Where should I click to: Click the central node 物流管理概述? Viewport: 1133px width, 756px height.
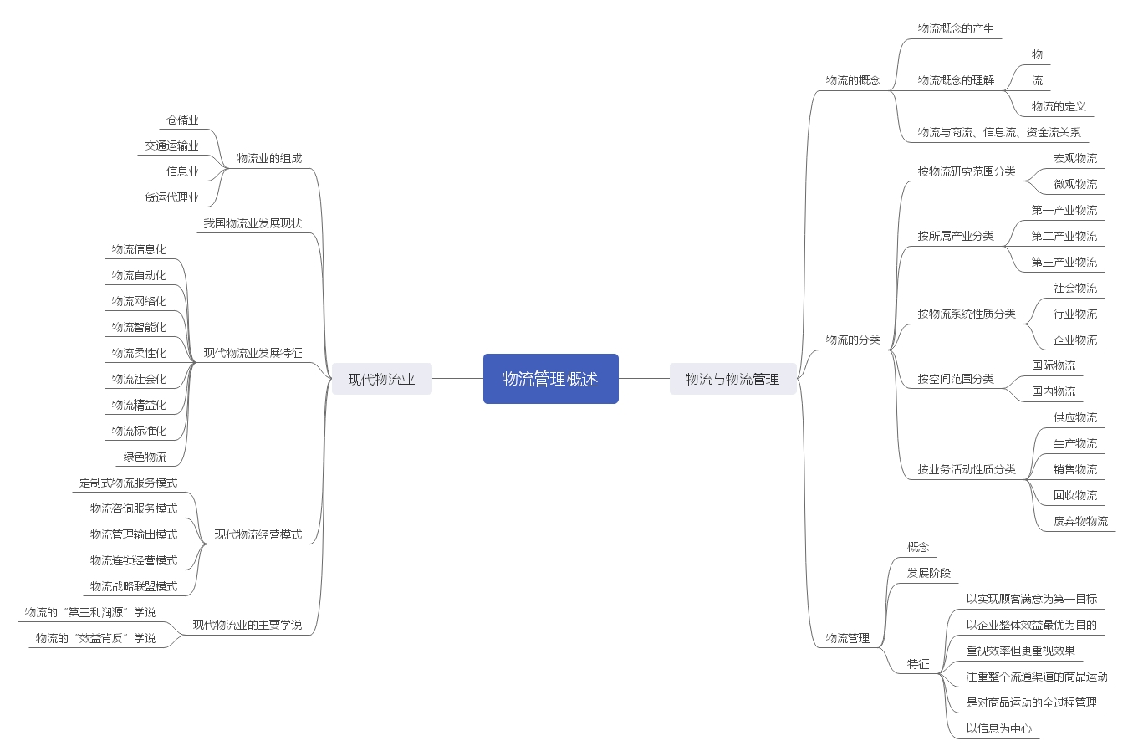click(x=550, y=379)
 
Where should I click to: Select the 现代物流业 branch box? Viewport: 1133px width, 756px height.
click(x=381, y=379)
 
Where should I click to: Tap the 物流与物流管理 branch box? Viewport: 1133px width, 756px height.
click(x=732, y=379)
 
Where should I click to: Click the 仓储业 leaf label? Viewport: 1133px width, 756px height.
click(x=182, y=120)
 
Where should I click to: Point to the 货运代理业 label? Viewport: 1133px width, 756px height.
click(x=171, y=197)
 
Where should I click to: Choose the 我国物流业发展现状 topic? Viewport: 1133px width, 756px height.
click(x=253, y=223)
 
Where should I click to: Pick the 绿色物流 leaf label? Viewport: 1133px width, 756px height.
click(x=145, y=457)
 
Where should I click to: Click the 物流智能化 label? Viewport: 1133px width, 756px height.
click(x=139, y=327)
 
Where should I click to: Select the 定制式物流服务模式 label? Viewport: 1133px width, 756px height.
click(x=128, y=483)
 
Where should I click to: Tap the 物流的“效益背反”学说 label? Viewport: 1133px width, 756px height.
click(x=95, y=638)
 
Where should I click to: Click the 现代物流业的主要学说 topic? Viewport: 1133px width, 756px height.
click(x=247, y=625)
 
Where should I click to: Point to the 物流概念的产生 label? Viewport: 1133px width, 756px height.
click(x=956, y=28)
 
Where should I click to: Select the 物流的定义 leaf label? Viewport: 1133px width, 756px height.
click(x=1059, y=106)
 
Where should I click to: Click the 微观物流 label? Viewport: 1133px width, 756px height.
click(x=1075, y=184)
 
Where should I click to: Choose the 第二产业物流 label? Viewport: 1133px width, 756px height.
click(x=1064, y=236)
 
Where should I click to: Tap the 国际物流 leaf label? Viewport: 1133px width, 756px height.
click(x=1054, y=365)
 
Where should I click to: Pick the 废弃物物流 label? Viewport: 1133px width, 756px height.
click(x=1080, y=521)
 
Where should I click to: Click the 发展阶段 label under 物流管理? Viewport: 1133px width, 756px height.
click(x=929, y=573)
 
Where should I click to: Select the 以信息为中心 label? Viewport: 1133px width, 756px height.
click(x=998, y=728)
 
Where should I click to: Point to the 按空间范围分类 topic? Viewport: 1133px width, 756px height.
click(x=956, y=379)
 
